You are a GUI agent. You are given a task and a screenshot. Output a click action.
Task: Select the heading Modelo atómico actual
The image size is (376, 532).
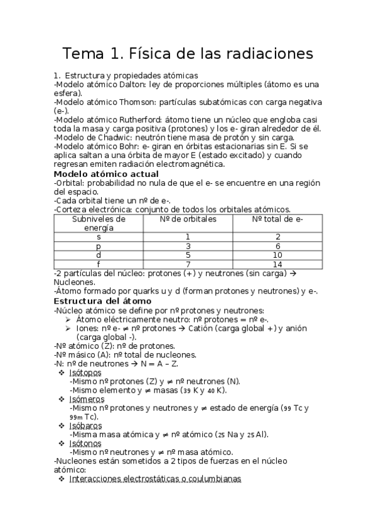106,174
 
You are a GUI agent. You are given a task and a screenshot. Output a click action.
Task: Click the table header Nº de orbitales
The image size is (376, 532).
188,219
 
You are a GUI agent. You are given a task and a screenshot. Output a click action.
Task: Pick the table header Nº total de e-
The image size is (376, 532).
277,219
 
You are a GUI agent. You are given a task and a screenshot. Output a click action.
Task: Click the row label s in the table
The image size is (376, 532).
99,237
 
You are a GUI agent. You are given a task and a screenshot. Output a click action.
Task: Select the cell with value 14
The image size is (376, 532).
277,264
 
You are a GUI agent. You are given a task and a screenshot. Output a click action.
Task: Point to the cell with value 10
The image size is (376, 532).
277,255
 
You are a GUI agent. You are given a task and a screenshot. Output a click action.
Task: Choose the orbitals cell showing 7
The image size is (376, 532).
188,264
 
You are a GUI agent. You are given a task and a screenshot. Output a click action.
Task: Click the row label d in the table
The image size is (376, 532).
99,255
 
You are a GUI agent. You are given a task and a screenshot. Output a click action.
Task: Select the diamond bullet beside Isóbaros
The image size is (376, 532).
61,425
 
